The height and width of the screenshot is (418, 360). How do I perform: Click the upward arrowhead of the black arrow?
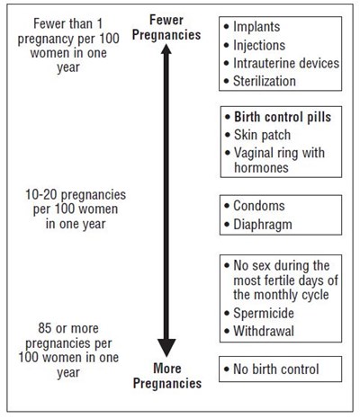coord(166,49)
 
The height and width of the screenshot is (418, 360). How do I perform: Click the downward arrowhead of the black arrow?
coord(166,348)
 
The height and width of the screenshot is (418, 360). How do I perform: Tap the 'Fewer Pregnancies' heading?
coord(166,28)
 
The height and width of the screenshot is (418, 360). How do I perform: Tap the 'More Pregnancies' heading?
coord(167,376)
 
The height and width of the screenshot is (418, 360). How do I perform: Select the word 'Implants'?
coord(256,27)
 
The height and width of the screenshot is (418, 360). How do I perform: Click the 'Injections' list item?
coord(259,45)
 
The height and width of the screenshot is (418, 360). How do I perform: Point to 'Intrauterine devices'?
coord(286,63)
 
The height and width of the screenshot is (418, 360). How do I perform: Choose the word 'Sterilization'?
coord(265,81)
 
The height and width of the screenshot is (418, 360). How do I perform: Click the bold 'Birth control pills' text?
coord(283,117)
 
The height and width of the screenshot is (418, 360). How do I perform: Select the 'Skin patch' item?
coord(262,135)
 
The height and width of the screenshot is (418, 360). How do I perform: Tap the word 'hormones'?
coord(261,167)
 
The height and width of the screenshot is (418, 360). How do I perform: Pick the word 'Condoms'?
coord(259,206)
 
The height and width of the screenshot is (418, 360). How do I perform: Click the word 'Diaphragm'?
coord(263,225)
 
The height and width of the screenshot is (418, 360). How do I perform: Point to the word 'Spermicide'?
coord(264,314)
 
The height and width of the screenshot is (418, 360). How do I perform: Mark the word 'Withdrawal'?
coord(264,331)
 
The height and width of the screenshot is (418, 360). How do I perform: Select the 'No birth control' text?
coord(276,369)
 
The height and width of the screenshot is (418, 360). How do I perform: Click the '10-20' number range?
coord(41,195)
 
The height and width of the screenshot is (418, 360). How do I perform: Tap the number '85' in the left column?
coord(45,328)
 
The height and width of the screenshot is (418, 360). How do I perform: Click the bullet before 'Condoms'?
coord(227,206)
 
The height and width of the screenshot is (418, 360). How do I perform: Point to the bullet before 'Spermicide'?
coord(227,314)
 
